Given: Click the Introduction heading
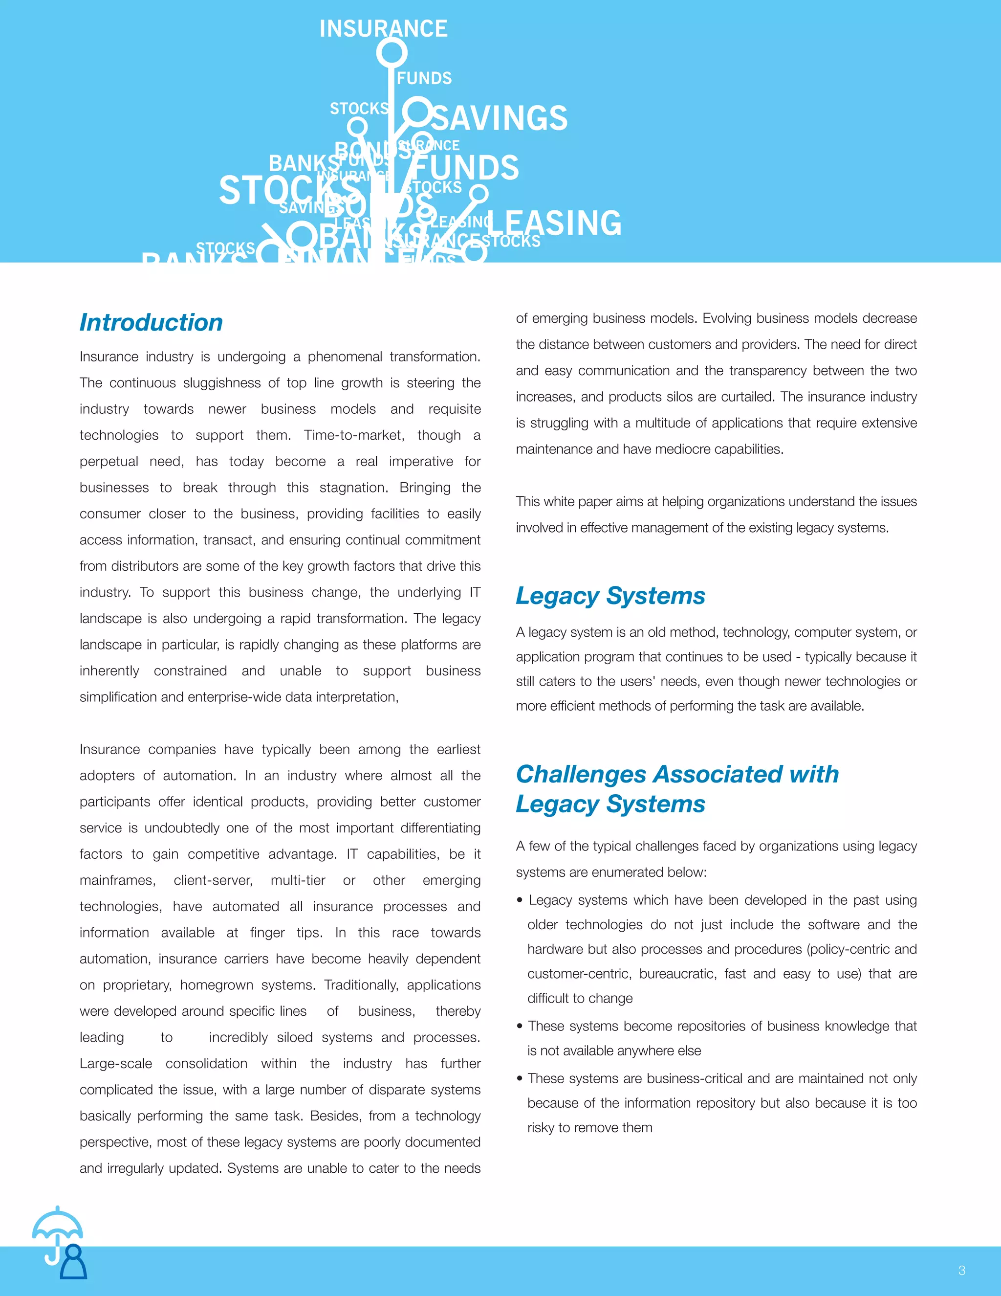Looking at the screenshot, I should [151, 322].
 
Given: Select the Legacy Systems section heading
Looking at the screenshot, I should [610, 595].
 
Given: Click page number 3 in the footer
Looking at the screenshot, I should [961, 1271].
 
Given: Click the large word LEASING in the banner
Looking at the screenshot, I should [554, 223].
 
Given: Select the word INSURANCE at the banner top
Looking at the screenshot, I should [383, 28].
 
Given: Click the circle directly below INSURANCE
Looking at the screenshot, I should [392, 53].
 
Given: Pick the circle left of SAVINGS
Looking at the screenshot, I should [417, 112].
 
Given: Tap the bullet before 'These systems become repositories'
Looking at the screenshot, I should [520, 1026].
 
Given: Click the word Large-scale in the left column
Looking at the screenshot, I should [116, 1063].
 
